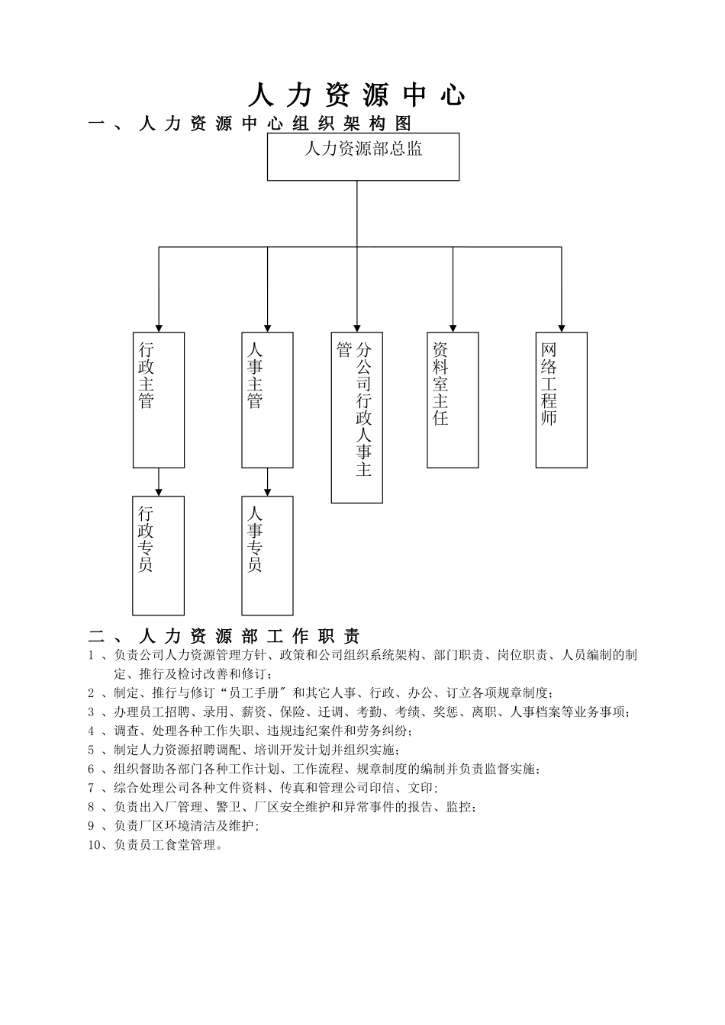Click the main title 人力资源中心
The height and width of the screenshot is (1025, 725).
pyautogui.click(x=356, y=95)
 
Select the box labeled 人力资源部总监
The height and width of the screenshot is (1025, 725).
pyautogui.click(x=363, y=156)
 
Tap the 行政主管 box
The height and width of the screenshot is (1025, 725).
pyautogui.click(x=159, y=400)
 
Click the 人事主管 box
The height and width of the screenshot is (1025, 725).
pyautogui.click(x=267, y=400)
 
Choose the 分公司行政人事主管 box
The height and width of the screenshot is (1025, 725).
pyautogui.click(x=357, y=417)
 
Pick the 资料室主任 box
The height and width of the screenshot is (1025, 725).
pyautogui.click(x=453, y=400)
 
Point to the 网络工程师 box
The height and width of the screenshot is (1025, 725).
pyautogui.click(x=561, y=400)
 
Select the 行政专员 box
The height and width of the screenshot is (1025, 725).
pyautogui.click(x=158, y=555)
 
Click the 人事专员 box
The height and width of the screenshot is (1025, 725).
pyautogui.click(x=267, y=555)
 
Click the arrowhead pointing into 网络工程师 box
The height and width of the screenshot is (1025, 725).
pyautogui.click(x=562, y=328)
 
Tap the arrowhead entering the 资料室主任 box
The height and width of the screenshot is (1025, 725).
pyautogui.click(x=453, y=328)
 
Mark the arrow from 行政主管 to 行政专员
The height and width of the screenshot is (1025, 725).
pyautogui.click(x=159, y=483)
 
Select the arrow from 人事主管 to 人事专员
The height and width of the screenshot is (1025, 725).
pyautogui.click(x=267, y=483)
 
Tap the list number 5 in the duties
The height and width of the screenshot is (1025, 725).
pyautogui.click(x=91, y=750)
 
